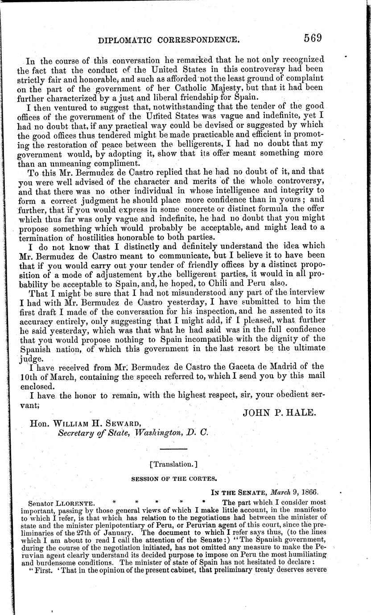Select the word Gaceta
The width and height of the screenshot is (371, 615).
point(223,366)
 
